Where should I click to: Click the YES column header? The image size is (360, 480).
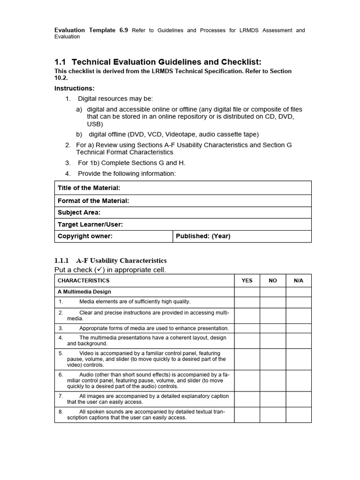point(247,280)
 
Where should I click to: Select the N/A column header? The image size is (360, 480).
point(299,280)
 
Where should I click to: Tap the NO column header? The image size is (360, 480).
point(273,280)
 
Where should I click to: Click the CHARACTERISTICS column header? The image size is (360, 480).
point(83,280)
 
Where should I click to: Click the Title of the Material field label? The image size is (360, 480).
point(89,188)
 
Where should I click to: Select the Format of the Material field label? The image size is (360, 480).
point(93,201)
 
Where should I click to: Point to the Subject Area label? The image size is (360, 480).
point(79,212)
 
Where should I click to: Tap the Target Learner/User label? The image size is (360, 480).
point(90,225)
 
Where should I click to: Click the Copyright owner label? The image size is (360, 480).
point(85,236)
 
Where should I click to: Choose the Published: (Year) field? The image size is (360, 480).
point(203,236)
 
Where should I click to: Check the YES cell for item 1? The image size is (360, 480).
point(247,302)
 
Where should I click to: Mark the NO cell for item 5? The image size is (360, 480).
point(273,359)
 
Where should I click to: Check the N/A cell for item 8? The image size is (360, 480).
point(299,414)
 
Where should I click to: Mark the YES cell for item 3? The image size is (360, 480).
point(247,328)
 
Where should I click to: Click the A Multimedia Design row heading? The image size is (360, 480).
point(84,292)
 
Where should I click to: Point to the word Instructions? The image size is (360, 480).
point(74,89)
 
